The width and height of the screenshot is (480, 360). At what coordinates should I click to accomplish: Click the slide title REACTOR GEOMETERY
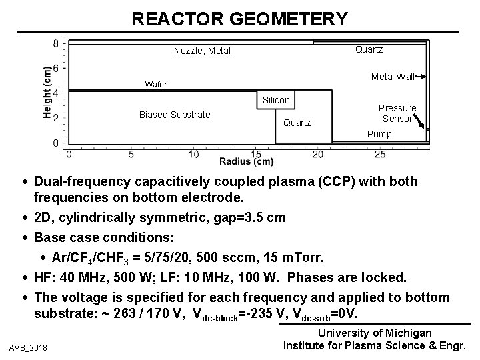click(239, 19)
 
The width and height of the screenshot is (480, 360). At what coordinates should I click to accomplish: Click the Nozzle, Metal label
click(202, 51)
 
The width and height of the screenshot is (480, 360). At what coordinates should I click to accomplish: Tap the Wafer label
click(155, 85)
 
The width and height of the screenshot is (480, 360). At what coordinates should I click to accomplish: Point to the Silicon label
click(277, 100)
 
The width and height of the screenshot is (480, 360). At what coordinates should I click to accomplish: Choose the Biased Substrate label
click(175, 115)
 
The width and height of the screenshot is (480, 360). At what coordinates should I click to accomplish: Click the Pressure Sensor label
click(397, 113)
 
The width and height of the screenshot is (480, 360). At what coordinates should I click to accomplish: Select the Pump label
click(381, 134)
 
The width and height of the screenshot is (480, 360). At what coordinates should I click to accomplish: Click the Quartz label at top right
click(369, 49)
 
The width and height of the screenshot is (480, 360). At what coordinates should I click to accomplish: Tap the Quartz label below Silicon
click(297, 123)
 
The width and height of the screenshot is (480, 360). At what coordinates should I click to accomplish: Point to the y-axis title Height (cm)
click(48, 92)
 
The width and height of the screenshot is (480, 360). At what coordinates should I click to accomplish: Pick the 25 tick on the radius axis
click(381, 155)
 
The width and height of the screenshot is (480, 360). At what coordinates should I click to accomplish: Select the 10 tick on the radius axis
click(193, 155)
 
